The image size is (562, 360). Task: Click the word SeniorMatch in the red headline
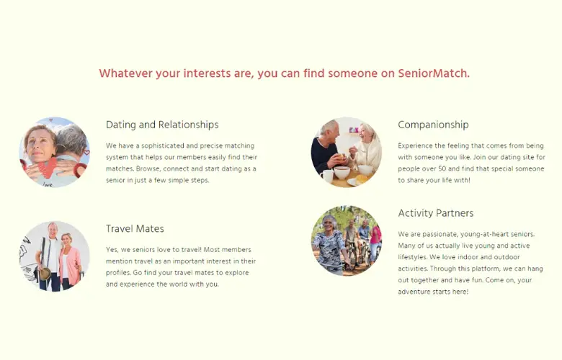point(434,73)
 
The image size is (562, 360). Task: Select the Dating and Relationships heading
point(162,125)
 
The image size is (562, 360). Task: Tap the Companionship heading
point(433,125)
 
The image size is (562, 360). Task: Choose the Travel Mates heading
point(135,228)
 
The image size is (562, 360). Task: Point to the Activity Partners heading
point(435,213)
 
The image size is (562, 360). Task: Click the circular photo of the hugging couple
point(54,152)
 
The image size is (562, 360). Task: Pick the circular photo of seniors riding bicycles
point(347,240)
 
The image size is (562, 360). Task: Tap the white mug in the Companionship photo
point(326,176)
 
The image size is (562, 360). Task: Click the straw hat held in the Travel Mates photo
point(45,274)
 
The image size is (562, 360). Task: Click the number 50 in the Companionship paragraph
point(442,168)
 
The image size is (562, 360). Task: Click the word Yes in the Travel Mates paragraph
point(112,250)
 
